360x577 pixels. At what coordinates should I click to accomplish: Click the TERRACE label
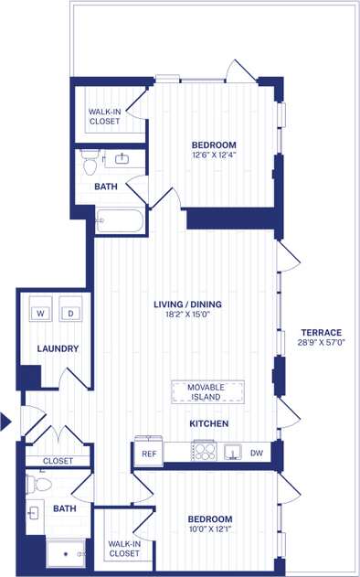point(320,332)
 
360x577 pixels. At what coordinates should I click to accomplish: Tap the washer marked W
point(41,314)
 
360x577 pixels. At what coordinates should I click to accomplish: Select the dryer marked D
point(69,314)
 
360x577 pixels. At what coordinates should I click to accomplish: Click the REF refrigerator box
point(147,453)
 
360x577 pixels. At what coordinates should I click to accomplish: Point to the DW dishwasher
point(257,453)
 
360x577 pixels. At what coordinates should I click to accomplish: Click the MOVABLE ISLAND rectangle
point(206,391)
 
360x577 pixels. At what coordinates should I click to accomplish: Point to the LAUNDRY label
point(58,348)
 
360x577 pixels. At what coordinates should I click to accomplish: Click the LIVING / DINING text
point(187,305)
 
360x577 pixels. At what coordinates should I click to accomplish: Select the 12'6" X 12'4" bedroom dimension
point(214,155)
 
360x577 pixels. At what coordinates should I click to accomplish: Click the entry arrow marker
point(5,422)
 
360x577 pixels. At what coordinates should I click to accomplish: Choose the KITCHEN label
point(208,423)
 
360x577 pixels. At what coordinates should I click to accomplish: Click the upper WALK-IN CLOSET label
point(104,115)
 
